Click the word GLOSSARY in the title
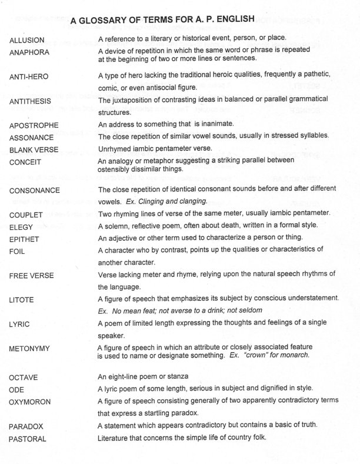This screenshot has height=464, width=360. coord(108,21)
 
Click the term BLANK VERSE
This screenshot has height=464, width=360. coord(35,150)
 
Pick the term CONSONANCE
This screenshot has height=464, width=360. coord(36,191)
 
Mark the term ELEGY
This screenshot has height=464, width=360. coord(21,227)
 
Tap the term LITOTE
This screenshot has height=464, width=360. coord(22,300)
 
